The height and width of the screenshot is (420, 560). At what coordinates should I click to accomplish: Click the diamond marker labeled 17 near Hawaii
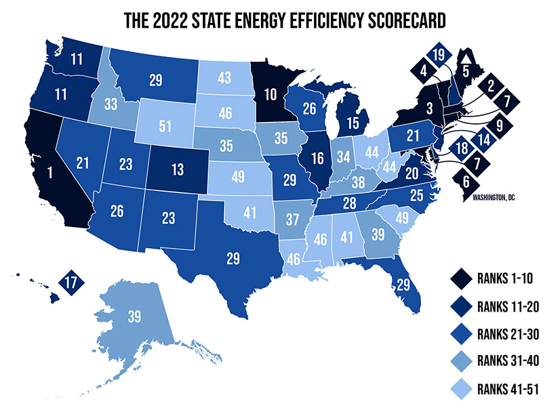tap(70, 282)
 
